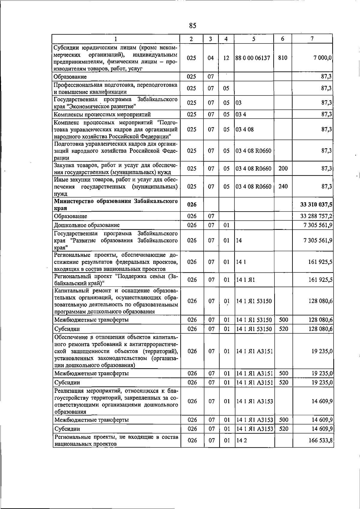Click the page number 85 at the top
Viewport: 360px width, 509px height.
pyautogui.click(x=193, y=26)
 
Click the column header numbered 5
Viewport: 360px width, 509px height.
pyautogui.click(x=254, y=39)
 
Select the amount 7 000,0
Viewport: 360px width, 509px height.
pyautogui.click(x=321, y=58)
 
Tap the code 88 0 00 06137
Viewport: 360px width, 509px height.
pyautogui.click(x=253, y=58)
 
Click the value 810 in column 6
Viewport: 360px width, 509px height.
pyautogui.click(x=283, y=58)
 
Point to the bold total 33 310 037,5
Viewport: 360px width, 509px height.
pyautogui.click(x=316, y=205)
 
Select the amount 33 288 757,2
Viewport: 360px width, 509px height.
pyautogui.click(x=316, y=216)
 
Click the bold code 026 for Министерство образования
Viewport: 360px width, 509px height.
pyautogui.click(x=192, y=205)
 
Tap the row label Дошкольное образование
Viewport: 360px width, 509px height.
pyautogui.click(x=87, y=225)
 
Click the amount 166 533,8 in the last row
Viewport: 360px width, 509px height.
pyautogui.click(x=320, y=440)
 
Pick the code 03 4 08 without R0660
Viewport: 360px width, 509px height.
pyautogui.click(x=245, y=129)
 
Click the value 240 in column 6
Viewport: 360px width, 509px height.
pyautogui.click(x=283, y=186)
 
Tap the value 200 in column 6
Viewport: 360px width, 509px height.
pyautogui.click(x=283, y=168)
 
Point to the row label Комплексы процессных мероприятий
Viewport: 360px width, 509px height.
pyautogui.click(x=102, y=114)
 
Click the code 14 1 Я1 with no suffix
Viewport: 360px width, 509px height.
pyautogui.click(x=245, y=280)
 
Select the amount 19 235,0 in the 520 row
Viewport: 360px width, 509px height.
pyautogui.click(x=322, y=382)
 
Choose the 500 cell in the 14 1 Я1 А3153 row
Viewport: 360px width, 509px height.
pyautogui.click(x=283, y=420)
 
